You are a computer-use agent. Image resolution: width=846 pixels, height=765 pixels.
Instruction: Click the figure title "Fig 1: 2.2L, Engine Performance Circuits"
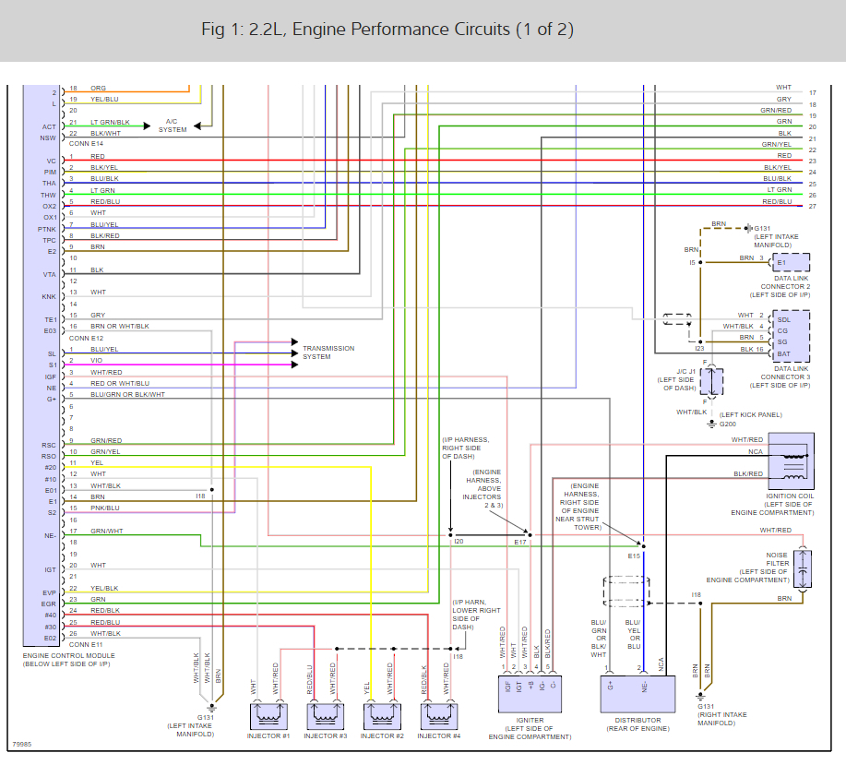click(387, 30)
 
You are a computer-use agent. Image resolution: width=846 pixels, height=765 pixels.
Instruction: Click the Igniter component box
click(530, 690)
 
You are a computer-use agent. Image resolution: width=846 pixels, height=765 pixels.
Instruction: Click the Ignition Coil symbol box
click(791, 460)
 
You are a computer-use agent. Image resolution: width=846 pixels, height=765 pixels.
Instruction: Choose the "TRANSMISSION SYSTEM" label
click(328, 353)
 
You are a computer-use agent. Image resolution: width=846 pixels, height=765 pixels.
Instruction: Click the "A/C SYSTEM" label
click(172, 126)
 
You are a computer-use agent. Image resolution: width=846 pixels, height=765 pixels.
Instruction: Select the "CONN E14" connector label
click(86, 144)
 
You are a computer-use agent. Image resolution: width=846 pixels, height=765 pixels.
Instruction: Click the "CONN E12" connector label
click(86, 338)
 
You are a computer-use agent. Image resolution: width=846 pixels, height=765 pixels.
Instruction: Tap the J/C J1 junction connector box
click(711, 380)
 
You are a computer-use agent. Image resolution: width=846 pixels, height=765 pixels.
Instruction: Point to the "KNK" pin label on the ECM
click(49, 297)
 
